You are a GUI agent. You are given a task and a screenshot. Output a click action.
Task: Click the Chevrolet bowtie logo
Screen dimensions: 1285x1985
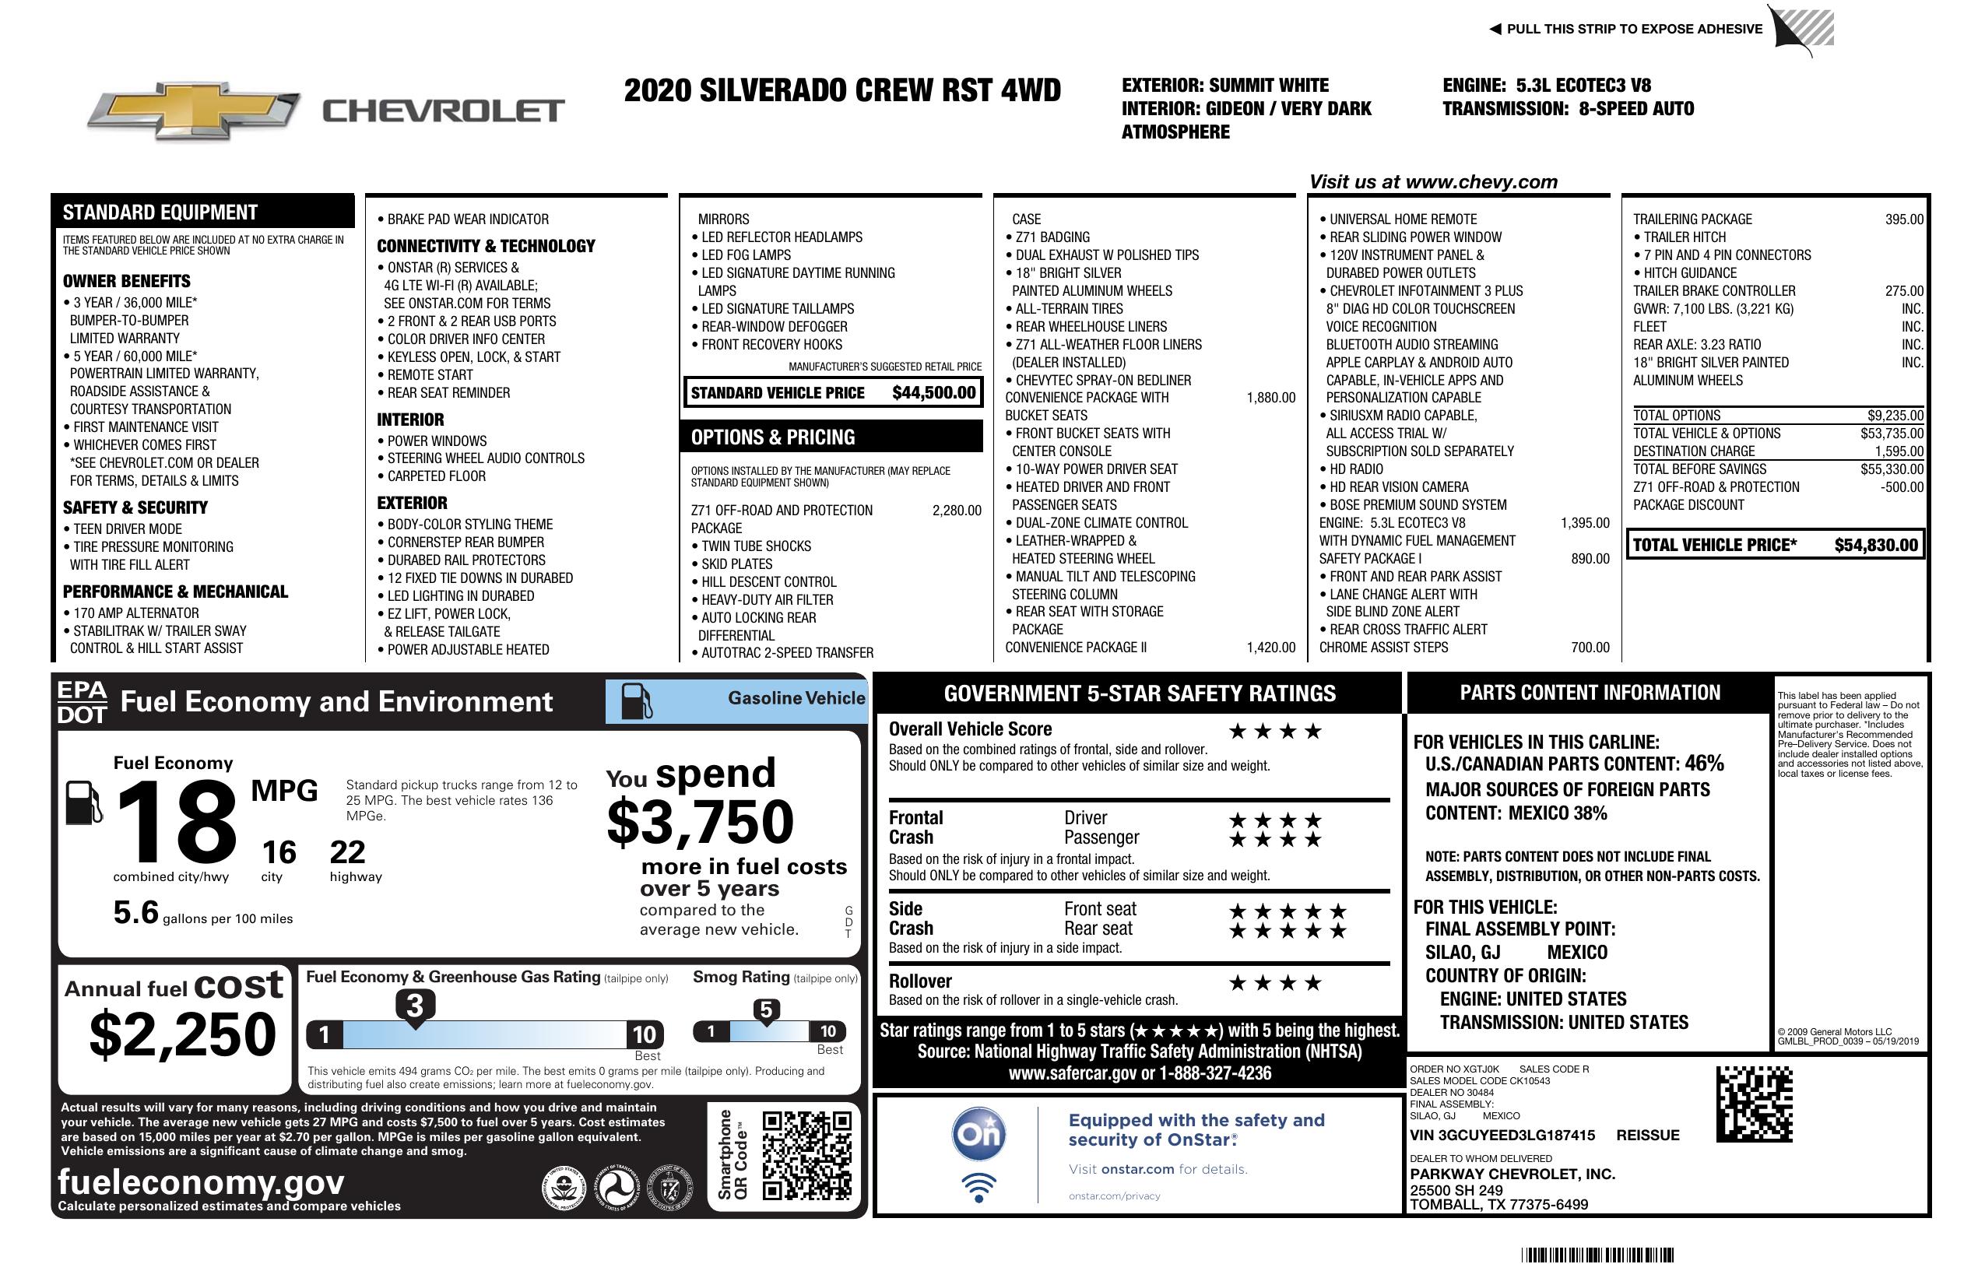click(194, 110)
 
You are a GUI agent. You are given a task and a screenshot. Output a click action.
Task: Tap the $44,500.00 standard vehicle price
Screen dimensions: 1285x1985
click(933, 393)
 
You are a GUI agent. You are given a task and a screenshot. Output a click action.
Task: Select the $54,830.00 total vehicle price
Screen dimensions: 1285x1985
click(1876, 546)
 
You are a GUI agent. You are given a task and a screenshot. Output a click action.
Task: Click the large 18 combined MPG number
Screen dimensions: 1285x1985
click(177, 822)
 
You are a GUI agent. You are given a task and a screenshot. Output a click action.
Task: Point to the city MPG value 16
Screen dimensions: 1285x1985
click(279, 852)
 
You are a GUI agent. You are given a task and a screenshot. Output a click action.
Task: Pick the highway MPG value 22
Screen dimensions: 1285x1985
click(347, 852)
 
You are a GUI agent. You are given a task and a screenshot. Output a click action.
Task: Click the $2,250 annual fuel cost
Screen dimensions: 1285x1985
click(182, 1035)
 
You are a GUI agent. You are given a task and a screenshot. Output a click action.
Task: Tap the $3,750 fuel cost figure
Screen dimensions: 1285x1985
click(701, 822)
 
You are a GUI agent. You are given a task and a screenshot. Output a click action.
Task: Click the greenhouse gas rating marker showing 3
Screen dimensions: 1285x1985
click(414, 1006)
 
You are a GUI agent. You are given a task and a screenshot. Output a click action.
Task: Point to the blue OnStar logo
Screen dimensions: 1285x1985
click(978, 1133)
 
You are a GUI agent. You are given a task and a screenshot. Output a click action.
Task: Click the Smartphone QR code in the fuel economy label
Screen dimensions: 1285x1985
click(806, 1155)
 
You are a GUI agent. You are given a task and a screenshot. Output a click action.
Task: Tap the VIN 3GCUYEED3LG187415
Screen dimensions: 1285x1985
click(1502, 1136)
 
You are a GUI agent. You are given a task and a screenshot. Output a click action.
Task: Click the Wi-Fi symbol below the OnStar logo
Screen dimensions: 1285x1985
click(978, 1187)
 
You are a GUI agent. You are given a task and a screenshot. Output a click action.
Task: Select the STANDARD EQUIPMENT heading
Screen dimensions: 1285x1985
click(160, 212)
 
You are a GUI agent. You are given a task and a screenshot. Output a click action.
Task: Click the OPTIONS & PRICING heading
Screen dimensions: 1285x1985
click(772, 437)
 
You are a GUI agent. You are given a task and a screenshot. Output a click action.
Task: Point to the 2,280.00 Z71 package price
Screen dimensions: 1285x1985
click(957, 511)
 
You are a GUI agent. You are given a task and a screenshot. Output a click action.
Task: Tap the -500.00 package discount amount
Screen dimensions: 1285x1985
click(1902, 487)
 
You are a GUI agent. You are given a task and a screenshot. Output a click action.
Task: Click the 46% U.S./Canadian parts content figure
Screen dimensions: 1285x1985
click(1703, 763)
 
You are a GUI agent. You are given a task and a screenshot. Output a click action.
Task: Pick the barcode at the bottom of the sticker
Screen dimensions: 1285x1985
click(1597, 1255)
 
